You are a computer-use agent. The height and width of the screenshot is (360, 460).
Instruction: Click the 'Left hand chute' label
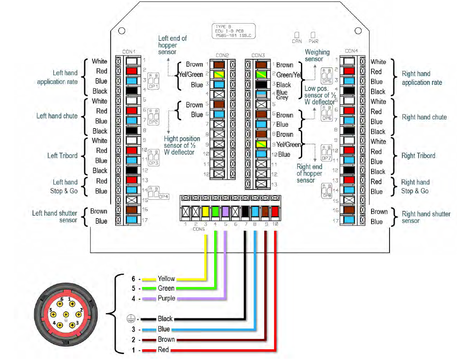click(57, 116)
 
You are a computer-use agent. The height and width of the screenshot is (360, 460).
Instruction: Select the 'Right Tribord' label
click(418, 156)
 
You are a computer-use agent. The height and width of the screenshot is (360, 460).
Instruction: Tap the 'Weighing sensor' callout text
click(317, 55)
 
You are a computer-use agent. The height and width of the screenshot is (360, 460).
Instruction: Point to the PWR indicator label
click(313, 41)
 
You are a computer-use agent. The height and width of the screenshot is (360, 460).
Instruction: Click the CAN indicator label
click(297, 41)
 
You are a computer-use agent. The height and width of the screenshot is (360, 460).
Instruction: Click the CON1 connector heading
click(129, 52)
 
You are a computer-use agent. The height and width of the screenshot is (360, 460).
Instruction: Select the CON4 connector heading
click(351, 51)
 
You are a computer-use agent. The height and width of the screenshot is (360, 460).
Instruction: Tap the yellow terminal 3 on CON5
click(205, 211)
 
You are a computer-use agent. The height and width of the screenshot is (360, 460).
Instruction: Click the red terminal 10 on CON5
click(275, 211)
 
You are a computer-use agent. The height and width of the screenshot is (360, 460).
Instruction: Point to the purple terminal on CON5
click(225, 211)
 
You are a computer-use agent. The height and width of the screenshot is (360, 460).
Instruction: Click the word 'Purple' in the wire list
click(166, 298)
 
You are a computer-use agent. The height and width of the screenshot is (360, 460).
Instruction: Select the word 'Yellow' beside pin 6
click(166, 279)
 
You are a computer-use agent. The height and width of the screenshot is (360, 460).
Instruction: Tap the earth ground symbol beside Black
click(129, 319)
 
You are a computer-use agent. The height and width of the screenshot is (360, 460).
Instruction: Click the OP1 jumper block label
click(153, 86)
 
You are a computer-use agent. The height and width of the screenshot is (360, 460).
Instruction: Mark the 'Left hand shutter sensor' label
click(55, 216)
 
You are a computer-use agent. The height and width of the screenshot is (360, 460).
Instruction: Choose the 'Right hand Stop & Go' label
click(415, 186)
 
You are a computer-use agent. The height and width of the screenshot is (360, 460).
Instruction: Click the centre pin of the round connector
click(66, 315)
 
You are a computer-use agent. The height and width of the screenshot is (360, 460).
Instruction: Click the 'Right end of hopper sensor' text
click(309, 174)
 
